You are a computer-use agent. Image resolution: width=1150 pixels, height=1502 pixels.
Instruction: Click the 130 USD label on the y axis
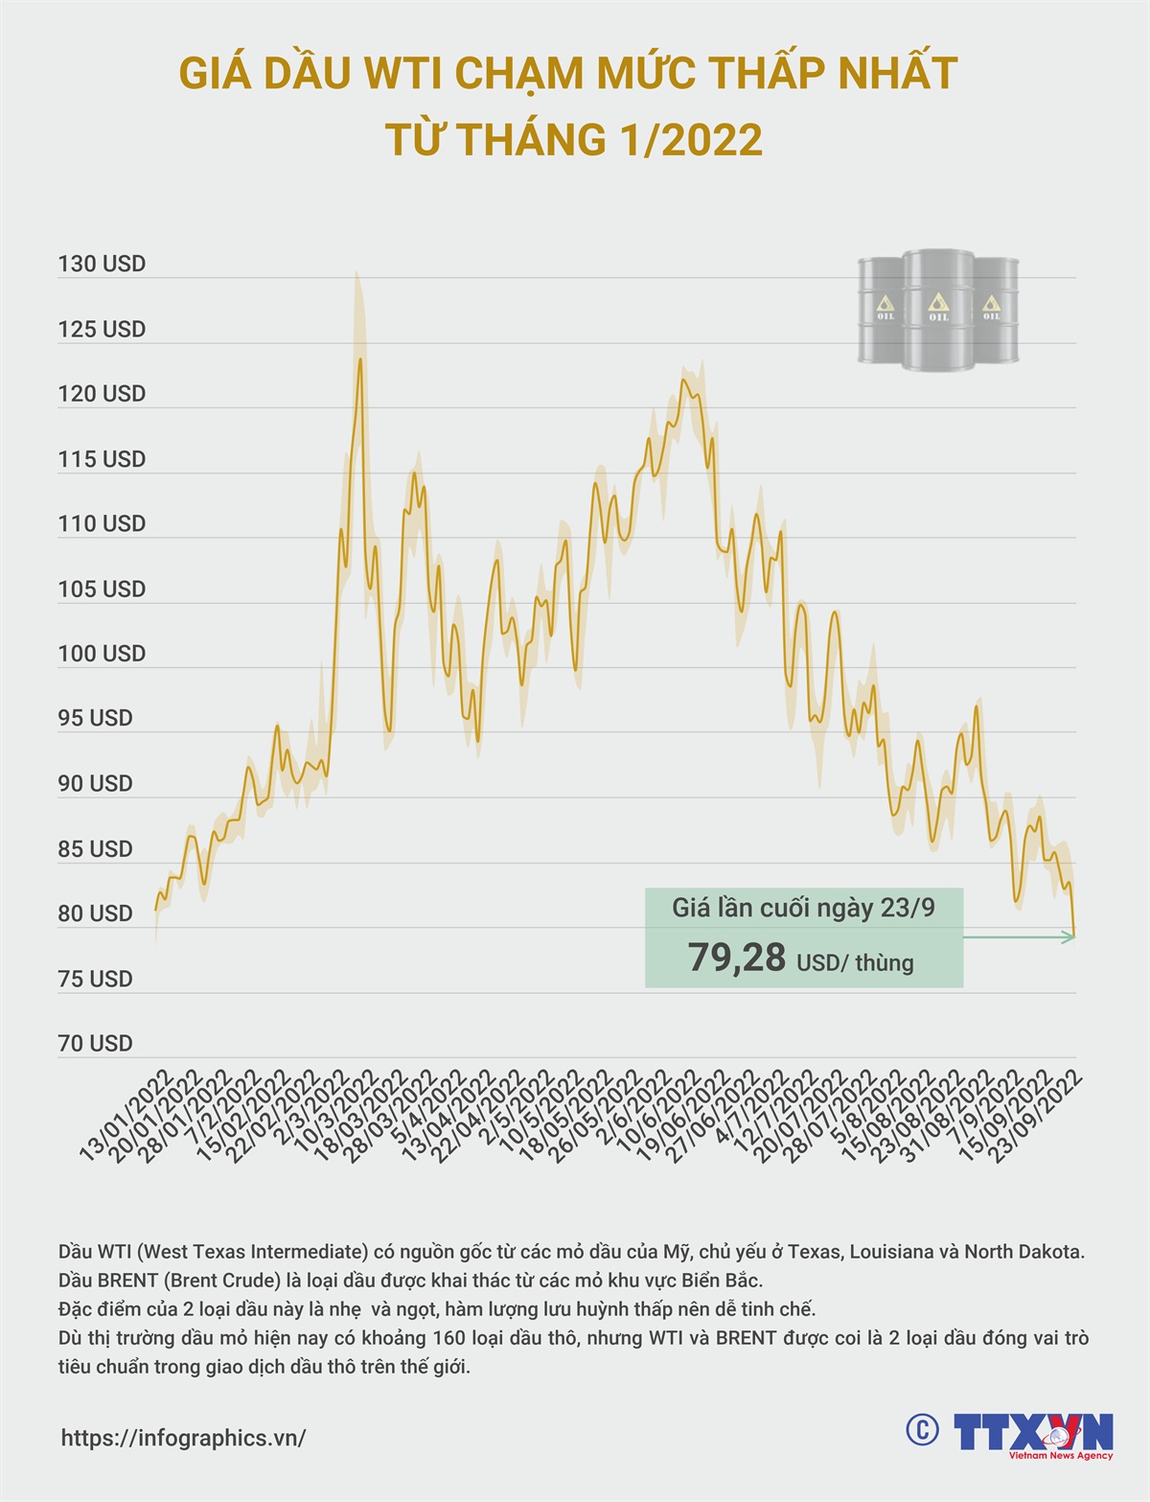click(102, 265)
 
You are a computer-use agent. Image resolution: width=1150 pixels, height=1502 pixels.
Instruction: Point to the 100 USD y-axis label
click(102, 654)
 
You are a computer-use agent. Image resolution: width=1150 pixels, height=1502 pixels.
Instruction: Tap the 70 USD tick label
click(95, 1044)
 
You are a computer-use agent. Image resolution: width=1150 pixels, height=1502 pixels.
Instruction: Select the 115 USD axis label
click(102, 459)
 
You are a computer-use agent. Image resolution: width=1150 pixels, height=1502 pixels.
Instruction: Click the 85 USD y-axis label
click(95, 849)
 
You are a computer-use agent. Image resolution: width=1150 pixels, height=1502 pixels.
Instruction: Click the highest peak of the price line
click(360, 359)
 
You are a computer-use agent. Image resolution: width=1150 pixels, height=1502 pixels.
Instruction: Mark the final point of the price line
click(1073, 935)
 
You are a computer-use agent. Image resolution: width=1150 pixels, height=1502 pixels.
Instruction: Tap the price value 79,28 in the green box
click(737, 958)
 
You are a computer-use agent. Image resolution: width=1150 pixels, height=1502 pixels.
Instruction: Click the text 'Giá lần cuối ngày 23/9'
click(803, 908)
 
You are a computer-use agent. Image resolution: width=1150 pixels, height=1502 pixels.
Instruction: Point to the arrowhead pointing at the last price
click(1069, 936)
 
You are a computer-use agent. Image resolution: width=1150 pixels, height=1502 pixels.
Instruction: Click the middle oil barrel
click(938, 310)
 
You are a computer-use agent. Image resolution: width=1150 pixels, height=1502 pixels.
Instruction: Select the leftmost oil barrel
click(882, 310)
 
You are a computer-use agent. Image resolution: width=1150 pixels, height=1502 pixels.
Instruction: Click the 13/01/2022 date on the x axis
click(126, 1117)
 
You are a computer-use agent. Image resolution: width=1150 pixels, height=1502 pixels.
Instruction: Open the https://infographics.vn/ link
click(183, 1438)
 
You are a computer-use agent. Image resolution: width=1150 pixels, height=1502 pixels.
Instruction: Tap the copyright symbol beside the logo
click(922, 1430)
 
